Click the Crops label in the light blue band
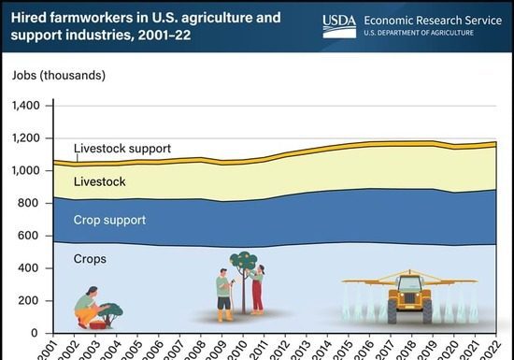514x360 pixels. (91, 259)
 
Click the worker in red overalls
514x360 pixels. (257, 289)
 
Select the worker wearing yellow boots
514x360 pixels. (222, 295)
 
